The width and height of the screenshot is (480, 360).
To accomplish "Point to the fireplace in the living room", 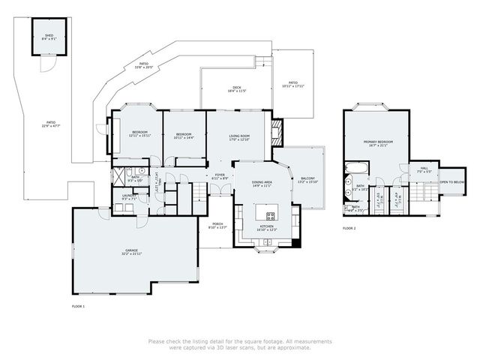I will pos(277,133).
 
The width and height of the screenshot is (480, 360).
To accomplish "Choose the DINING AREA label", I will pos(262,184).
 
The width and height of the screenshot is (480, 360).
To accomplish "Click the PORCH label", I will pos(217,225).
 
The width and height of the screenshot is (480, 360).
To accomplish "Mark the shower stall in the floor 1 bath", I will pos(118,177).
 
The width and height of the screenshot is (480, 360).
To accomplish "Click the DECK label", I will pos(237,89).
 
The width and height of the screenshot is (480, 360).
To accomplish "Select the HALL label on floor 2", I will pos(424,169).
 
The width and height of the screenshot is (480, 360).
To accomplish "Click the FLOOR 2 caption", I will pos(349,227).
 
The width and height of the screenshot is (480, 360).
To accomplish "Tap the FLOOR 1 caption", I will pos(78,307).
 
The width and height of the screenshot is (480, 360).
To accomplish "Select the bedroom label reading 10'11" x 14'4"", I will pos(184,137).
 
